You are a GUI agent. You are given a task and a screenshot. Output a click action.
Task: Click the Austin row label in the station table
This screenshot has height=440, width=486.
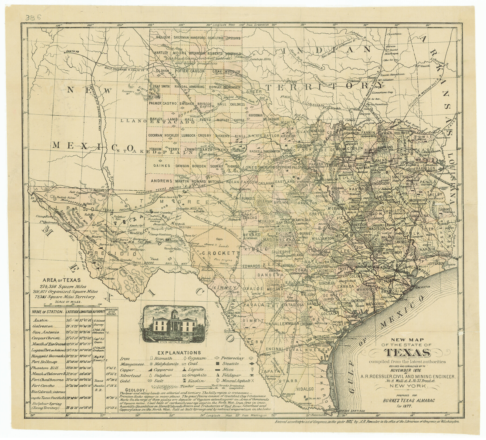(x=40, y=320)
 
